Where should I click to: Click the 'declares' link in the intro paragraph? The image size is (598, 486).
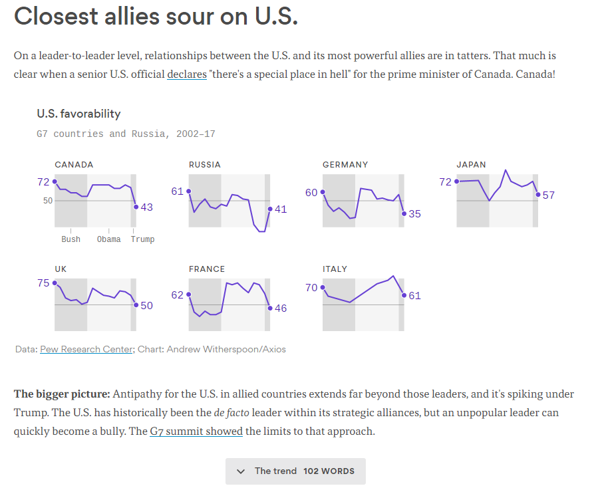coord(186,74)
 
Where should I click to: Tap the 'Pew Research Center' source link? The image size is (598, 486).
coord(86,349)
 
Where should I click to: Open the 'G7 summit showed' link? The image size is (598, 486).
coord(196,431)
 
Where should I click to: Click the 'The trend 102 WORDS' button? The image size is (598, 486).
coord(295,471)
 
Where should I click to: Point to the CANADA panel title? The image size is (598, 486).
coord(74,164)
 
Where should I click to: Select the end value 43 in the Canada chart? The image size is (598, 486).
coord(147,207)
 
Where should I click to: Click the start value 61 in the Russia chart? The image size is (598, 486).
coord(177,191)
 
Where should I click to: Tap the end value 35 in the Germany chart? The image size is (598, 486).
coord(415,214)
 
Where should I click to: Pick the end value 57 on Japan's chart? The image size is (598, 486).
coord(549,195)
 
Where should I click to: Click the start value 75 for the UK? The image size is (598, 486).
coord(43,283)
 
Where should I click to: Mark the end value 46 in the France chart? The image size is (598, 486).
coord(281,308)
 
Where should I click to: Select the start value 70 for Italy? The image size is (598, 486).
coord(311,288)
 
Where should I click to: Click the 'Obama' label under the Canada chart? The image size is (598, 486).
coord(109,239)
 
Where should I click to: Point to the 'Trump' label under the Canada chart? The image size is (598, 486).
coord(142,239)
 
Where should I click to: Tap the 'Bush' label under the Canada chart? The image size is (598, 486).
coord(71,239)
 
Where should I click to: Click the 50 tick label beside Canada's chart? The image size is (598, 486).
coord(48,200)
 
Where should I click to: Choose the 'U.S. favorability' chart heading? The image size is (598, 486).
coord(78,114)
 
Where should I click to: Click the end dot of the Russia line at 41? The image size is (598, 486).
coord(270,209)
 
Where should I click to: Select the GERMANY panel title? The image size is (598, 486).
coord(345,164)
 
